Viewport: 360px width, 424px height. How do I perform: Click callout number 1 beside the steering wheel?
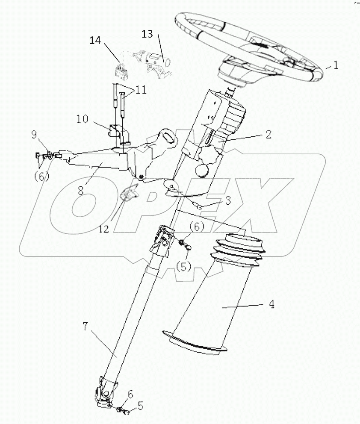pos(336,65)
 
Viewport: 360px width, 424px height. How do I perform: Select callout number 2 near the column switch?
pos(269,134)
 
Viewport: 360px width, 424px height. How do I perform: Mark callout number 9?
pos(34,135)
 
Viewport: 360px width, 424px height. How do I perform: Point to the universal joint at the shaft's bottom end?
pos(105,391)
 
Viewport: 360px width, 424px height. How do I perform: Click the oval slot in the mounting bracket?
pos(168,138)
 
